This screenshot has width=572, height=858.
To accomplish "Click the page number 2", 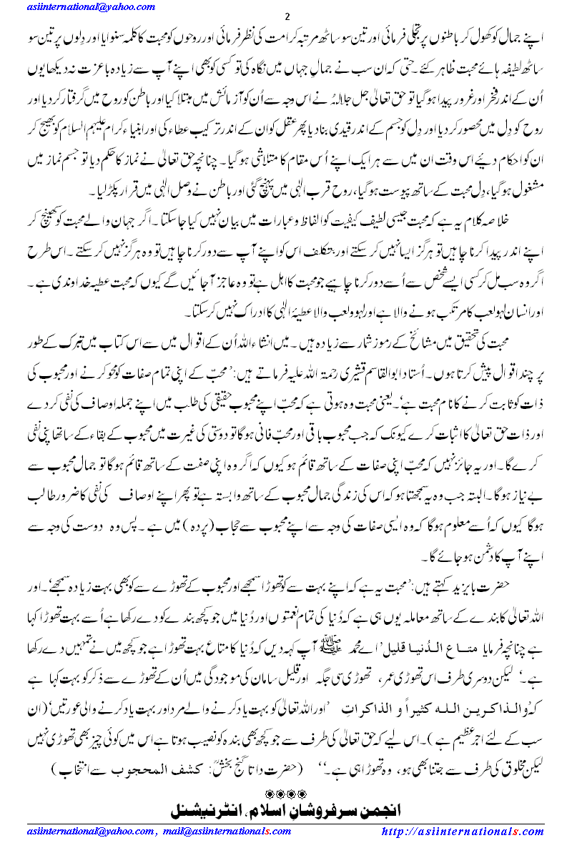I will tap(286, 16).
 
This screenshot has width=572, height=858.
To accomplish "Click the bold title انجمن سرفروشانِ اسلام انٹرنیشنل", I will tap(286, 812).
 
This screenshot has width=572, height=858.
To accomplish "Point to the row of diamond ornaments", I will tap(286, 794).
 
